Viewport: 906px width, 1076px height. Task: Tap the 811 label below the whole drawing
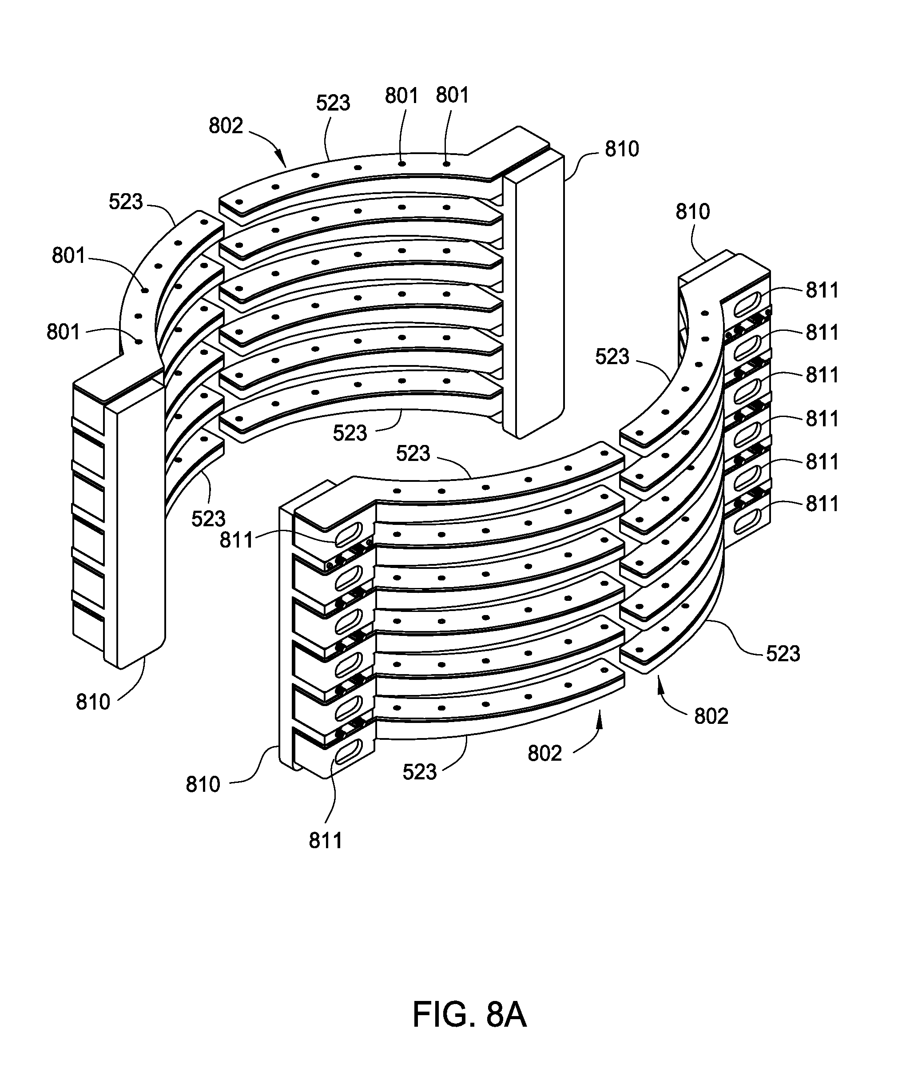(326, 841)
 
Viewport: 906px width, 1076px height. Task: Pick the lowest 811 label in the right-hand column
(822, 504)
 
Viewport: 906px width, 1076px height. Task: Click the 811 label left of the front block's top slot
(237, 540)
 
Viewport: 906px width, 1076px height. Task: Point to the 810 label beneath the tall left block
(93, 702)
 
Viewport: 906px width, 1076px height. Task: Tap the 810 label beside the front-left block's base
(203, 784)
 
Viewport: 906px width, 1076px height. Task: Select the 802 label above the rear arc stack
(226, 126)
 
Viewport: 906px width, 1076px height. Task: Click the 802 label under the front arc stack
(544, 754)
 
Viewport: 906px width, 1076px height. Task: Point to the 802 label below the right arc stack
(711, 716)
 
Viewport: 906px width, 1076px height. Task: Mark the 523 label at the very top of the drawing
(333, 103)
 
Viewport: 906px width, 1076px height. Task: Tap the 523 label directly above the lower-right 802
(783, 653)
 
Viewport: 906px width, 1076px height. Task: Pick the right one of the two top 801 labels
(453, 95)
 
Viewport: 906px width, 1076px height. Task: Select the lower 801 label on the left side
(63, 332)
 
